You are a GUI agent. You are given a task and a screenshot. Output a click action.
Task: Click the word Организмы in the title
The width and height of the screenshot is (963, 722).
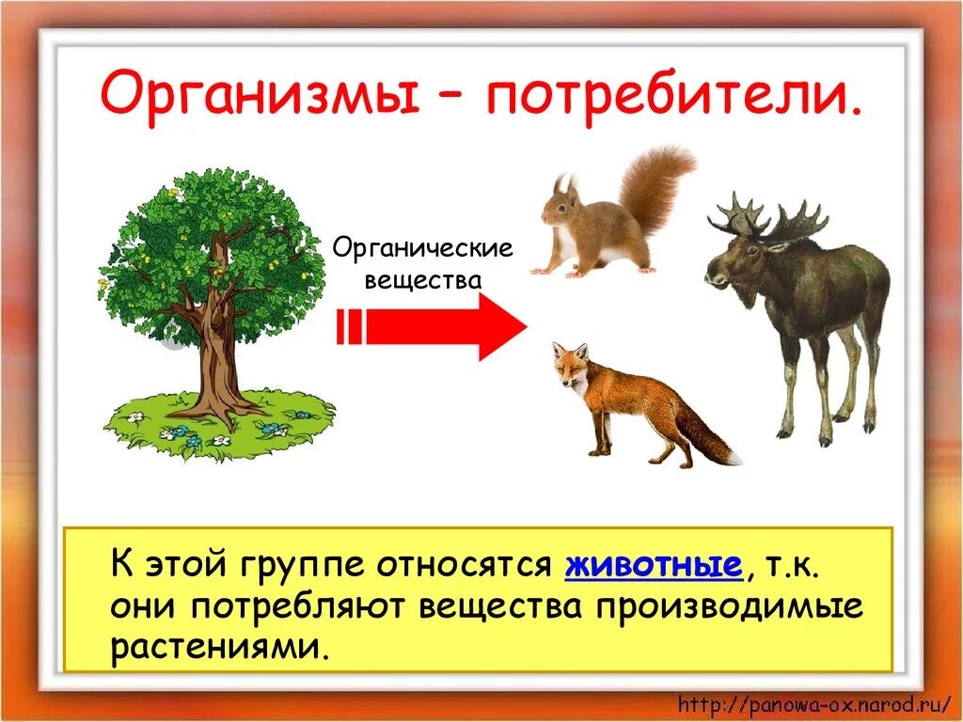260,97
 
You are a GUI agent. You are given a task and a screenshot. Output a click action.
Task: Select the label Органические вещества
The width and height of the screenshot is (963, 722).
423,264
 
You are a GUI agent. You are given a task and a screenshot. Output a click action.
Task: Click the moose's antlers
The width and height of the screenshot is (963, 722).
766,219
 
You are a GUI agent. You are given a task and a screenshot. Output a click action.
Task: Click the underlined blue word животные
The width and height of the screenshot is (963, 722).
653,566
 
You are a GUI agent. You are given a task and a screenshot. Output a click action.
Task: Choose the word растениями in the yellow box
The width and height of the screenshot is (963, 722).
221,648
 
